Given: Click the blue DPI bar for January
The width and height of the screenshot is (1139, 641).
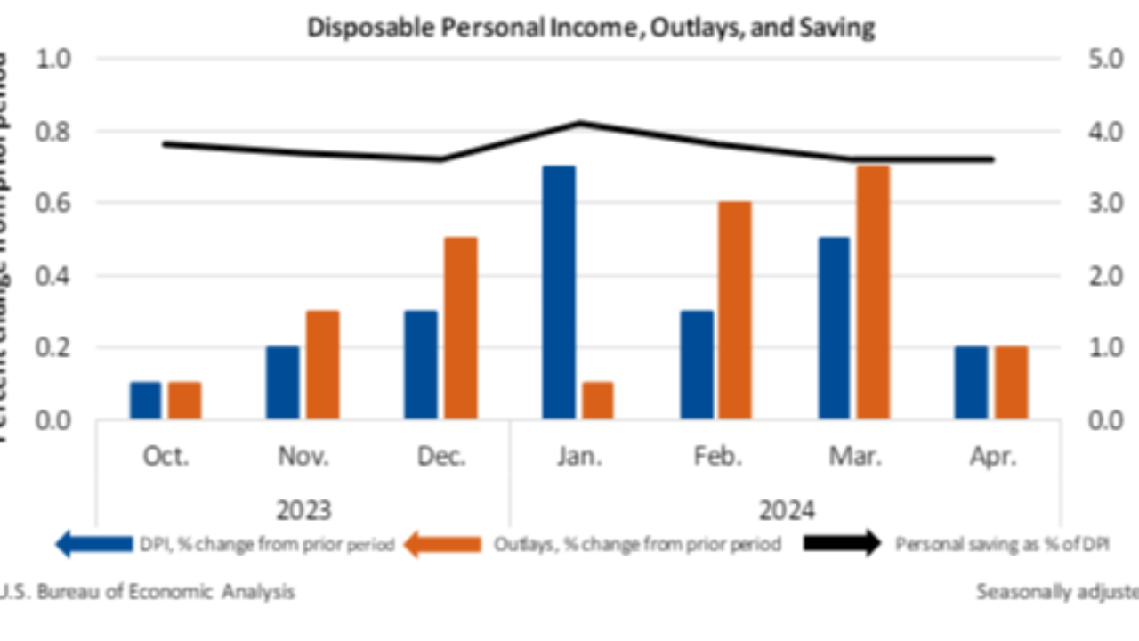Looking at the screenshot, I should (x=560, y=292).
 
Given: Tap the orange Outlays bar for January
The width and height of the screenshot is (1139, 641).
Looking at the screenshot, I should (x=598, y=400).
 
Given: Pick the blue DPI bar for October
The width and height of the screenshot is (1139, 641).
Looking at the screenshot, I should (x=146, y=400).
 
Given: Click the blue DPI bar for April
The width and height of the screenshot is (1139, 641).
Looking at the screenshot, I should (x=971, y=382).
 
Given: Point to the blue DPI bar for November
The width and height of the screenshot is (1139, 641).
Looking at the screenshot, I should (x=283, y=382).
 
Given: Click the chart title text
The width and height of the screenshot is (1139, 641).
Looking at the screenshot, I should (x=591, y=27).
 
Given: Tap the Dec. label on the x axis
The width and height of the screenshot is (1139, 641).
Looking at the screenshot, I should (x=441, y=457).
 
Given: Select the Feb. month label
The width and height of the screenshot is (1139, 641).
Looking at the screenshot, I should (x=717, y=457).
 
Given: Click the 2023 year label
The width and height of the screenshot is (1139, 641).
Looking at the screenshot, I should (x=303, y=510).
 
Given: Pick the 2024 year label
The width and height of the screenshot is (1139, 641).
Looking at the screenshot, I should (x=786, y=510).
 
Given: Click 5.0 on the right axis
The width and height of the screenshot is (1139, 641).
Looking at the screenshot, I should (x=1100, y=60).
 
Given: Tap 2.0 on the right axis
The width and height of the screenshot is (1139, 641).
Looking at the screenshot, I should (x=1100, y=276).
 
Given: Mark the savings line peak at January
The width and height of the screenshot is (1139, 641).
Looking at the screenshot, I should (x=580, y=123).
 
